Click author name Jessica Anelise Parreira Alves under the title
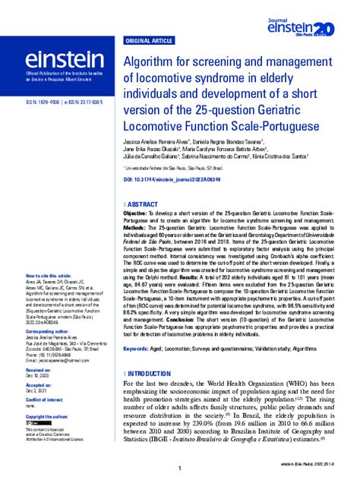coord(163,141)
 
